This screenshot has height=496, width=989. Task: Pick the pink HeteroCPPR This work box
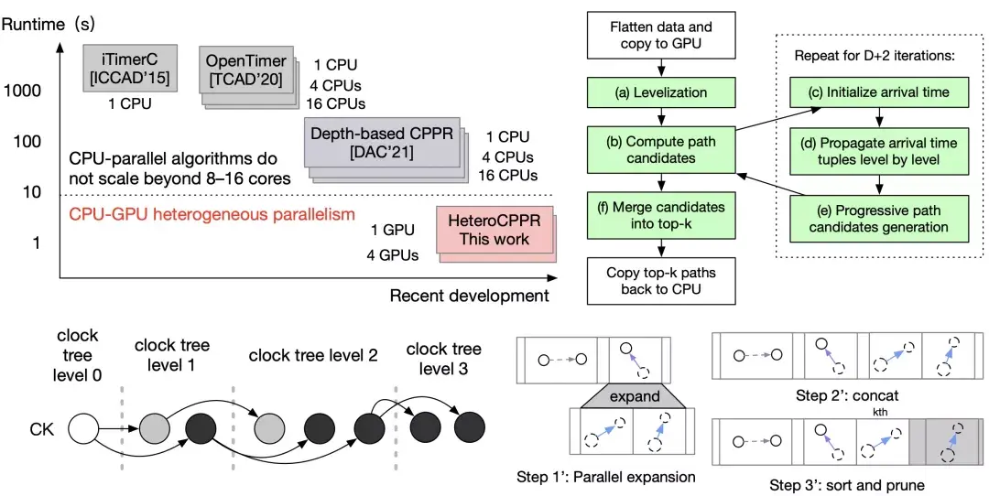point(494,230)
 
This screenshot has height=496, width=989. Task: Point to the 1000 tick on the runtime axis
point(22,92)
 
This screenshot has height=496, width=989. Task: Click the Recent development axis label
point(469,295)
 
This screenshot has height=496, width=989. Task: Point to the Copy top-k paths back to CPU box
point(660,281)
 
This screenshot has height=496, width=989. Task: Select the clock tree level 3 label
point(443,358)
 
